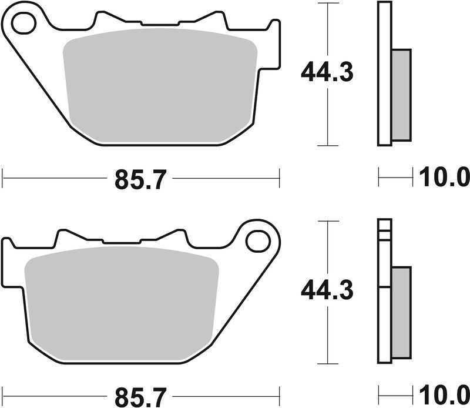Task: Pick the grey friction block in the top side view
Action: click(401, 94)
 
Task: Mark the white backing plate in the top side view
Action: click(384, 73)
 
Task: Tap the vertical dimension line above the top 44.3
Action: click(327, 29)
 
